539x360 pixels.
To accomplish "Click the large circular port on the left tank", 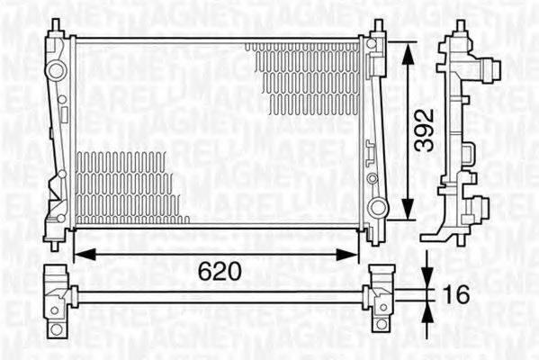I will [56, 70].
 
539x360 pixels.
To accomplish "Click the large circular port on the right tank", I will [380, 211].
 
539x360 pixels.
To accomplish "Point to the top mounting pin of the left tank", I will [56, 25].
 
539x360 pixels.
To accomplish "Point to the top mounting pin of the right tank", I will [379, 25].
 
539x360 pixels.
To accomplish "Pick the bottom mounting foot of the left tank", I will [56, 238].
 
